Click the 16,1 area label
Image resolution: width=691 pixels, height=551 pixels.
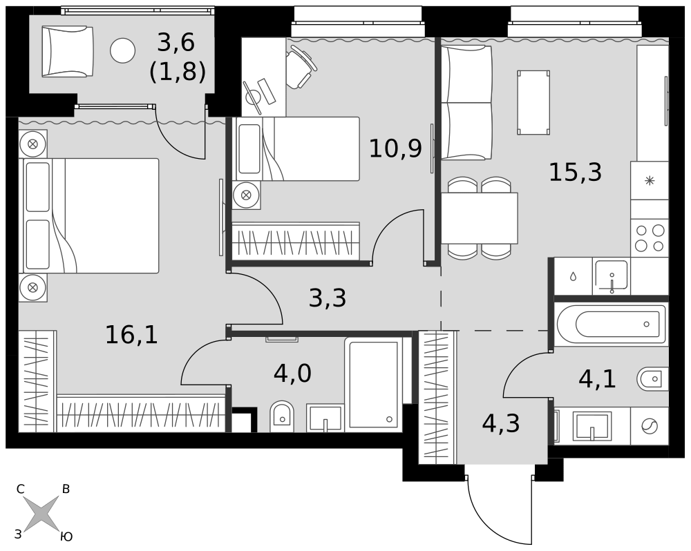pos(131,335)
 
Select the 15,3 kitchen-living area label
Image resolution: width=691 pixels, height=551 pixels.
pos(575,172)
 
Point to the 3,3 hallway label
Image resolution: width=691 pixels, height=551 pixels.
pos(328,298)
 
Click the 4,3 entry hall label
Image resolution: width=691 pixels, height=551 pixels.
pos(501,423)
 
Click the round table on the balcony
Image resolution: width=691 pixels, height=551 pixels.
pos(122,50)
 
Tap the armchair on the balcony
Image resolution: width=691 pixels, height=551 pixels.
pos(68,51)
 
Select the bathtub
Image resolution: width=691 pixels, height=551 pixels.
pos(612,325)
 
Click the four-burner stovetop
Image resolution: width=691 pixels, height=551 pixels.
pos(650,238)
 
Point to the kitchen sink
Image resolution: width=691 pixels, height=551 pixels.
pos(612,276)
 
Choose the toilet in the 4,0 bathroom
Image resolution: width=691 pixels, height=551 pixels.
pos(281,416)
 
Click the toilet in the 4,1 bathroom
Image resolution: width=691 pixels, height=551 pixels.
pos(653,379)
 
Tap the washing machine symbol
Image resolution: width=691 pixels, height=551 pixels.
pos(650,426)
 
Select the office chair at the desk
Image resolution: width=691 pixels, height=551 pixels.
pos(301,69)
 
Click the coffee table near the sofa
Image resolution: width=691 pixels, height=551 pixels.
pos(533,102)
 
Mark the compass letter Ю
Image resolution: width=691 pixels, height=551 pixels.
pos(66,536)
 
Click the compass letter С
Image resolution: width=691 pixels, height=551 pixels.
pos(20,489)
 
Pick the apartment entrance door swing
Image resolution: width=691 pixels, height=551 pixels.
pos(500,511)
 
